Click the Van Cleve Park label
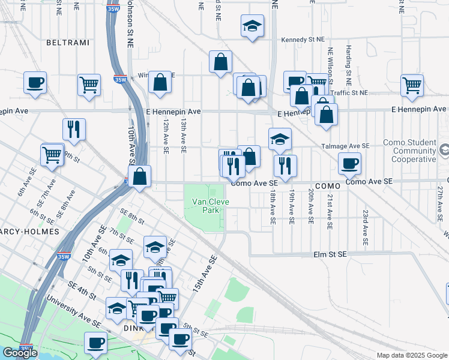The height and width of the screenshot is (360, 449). point(210,206)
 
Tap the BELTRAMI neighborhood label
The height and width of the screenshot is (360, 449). point(67,43)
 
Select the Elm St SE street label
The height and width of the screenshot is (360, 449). point(330,254)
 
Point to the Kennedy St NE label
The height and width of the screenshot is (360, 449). point(303,40)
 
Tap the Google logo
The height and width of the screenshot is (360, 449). point(20,353)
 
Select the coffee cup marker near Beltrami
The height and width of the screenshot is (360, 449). point(35,82)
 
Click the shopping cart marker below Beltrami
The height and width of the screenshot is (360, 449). point(89,85)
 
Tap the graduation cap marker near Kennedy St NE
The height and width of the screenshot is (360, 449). point(253,26)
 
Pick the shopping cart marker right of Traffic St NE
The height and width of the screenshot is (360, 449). point(412,85)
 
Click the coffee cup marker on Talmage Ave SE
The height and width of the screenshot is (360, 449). point(349,163)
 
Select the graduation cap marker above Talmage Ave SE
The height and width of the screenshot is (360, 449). point(280,139)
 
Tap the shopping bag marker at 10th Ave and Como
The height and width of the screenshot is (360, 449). point(139,177)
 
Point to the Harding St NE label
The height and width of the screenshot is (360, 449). point(348,65)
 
